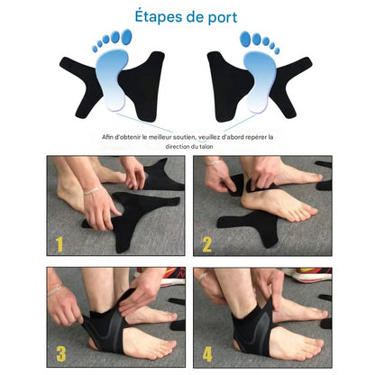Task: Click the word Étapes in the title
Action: pyautogui.click(x=157, y=16)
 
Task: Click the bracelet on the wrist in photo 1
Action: pyautogui.click(x=92, y=190)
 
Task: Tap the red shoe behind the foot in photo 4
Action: pyautogui.click(x=314, y=275)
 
